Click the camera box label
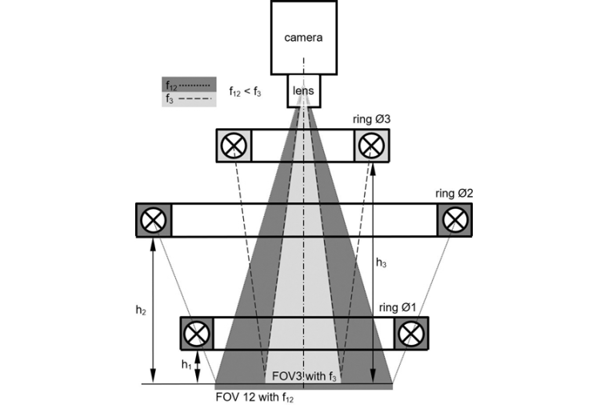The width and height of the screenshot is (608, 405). [303, 38]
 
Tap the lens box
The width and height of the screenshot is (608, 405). [303, 90]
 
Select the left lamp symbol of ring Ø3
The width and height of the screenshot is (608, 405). [234, 146]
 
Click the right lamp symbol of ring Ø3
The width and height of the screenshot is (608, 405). [370, 146]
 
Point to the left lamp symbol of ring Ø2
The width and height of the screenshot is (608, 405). [154, 219]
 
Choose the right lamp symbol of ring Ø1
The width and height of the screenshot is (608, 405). [410, 332]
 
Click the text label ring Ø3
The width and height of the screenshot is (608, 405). [371, 119]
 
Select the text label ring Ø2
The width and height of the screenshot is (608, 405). [454, 194]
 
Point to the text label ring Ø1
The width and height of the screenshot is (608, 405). [398, 307]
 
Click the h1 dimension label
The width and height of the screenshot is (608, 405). [186, 365]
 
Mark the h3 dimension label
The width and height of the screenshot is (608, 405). [382, 262]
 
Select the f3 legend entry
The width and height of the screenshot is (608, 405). [189, 99]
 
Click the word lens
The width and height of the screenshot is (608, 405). [303, 91]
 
